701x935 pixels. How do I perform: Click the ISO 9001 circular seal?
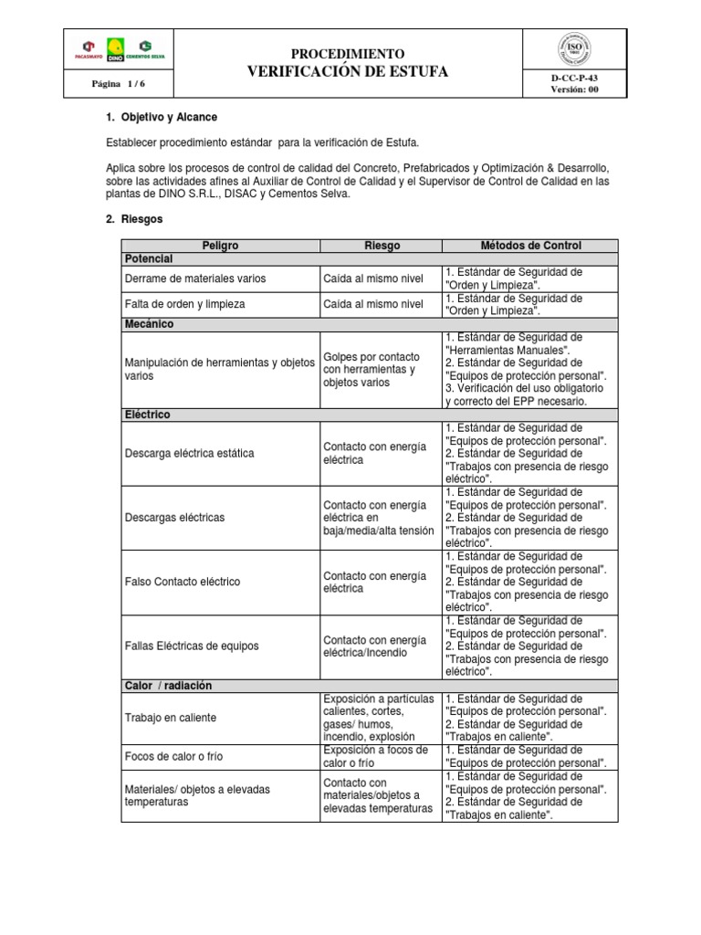[x=574, y=49]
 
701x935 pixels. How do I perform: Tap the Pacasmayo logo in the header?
[x=89, y=49]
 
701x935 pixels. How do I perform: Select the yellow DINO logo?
[x=116, y=49]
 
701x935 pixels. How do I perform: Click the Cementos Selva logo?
[x=144, y=49]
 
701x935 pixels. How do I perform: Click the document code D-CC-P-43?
[x=574, y=79]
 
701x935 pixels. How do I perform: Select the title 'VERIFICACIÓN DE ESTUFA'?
[x=347, y=72]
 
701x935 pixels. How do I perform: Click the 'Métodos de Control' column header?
[x=530, y=246]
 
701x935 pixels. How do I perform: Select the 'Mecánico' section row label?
[x=150, y=324]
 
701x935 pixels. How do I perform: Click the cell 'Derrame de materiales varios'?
[x=194, y=278]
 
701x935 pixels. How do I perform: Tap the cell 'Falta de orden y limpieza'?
[x=185, y=304]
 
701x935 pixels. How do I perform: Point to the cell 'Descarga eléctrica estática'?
[x=189, y=453]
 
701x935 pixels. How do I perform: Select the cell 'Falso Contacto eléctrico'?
[x=182, y=582]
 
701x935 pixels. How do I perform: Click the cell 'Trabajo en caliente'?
[x=170, y=718]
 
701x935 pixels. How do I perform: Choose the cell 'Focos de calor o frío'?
[x=173, y=756]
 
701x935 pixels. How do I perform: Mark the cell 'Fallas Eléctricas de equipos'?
[x=191, y=646]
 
